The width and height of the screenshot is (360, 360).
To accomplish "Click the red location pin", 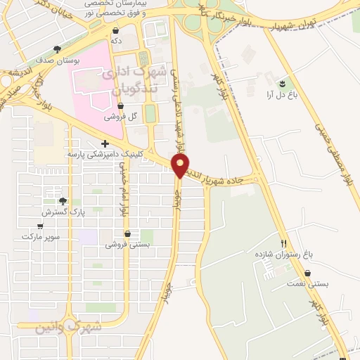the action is click(181, 166).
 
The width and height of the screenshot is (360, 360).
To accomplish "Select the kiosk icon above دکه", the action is click(116, 31).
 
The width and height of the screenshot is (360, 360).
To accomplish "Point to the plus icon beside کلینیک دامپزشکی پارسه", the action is click(105, 143).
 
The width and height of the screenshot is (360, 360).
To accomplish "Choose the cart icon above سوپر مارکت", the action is click(40, 226).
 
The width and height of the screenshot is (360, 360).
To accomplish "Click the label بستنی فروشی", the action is click(127, 245).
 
